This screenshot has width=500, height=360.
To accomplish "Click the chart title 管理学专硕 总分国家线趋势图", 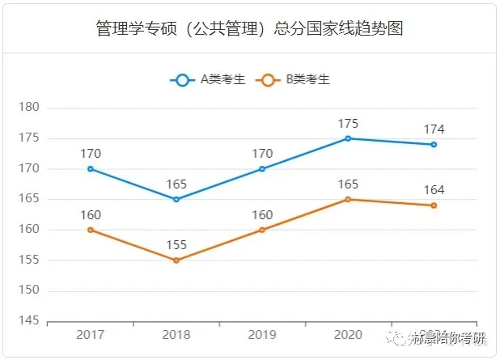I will coord(249,29).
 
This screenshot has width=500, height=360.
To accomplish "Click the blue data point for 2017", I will coord(91,169).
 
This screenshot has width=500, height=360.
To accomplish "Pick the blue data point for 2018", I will coord(176,199).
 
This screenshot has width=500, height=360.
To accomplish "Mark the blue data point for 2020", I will coord(348,138).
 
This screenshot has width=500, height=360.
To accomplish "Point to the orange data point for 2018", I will coord(176,260).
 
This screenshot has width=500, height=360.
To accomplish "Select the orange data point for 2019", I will coord(262,230).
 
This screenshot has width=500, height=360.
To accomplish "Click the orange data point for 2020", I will coord(348,199).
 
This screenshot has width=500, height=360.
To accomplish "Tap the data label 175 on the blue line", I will coord(348,123).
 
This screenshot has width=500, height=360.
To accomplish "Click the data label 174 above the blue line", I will coord(434,129).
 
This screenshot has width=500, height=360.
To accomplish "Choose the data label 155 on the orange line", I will coord(176,245).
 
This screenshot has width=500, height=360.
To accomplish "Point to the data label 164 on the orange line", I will coord(434,190).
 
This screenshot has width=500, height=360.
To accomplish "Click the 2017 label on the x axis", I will coord(91,335).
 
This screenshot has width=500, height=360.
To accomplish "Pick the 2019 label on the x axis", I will coord(262,335).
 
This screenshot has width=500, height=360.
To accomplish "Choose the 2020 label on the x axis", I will coord(348,335).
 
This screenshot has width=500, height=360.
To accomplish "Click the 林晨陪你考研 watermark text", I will coord(448,336).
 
